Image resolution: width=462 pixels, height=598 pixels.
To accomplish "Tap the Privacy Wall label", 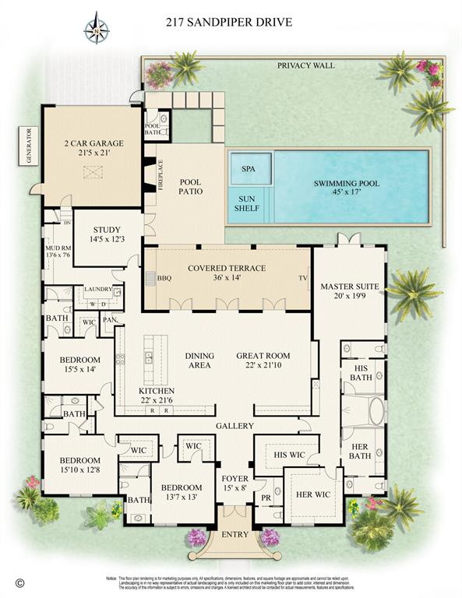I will coord(305,65).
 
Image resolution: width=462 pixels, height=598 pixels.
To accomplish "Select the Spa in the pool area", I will coord(249,168).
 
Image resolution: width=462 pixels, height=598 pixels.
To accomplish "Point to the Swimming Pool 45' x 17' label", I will coord(347,188).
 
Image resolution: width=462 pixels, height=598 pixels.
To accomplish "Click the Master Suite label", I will coord(349,291).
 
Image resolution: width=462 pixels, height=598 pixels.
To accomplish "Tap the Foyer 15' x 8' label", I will coord(235,483).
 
